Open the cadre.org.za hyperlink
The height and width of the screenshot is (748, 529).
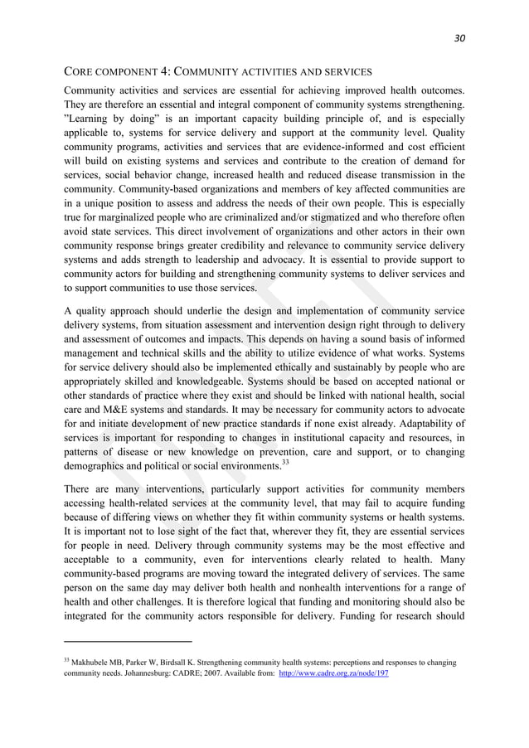[332, 674]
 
